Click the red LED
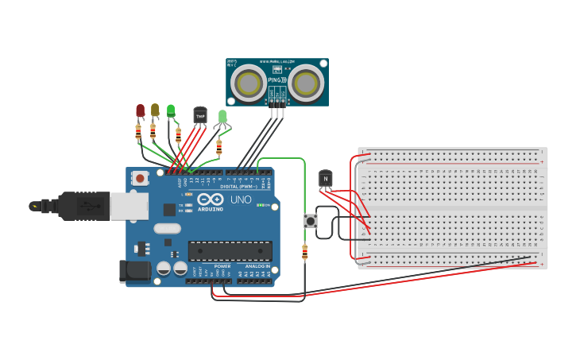pyautogui.click(x=141, y=110)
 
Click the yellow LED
pyautogui.click(x=155, y=110)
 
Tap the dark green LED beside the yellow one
pyautogui.click(x=171, y=110)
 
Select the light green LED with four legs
pyautogui.click(x=222, y=118)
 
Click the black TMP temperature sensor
pyautogui.click(x=200, y=116)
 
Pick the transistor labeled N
pyautogui.click(x=325, y=179)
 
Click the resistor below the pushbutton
pyautogui.click(x=305, y=253)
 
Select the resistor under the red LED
pyautogui.click(x=138, y=132)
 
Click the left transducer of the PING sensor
pyautogui.click(x=248, y=82)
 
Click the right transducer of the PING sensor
pyautogui.click(x=306, y=82)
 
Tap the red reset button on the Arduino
pyautogui.click(x=141, y=178)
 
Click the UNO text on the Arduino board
pyautogui.click(x=241, y=199)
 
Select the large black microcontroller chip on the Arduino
pyautogui.click(x=230, y=250)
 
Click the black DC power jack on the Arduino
pyautogui.click(x=134, y=271)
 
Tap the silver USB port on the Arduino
pyautogui.click(x=127, y=206)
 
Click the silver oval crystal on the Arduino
pyautogui.click(x=167, y=229)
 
